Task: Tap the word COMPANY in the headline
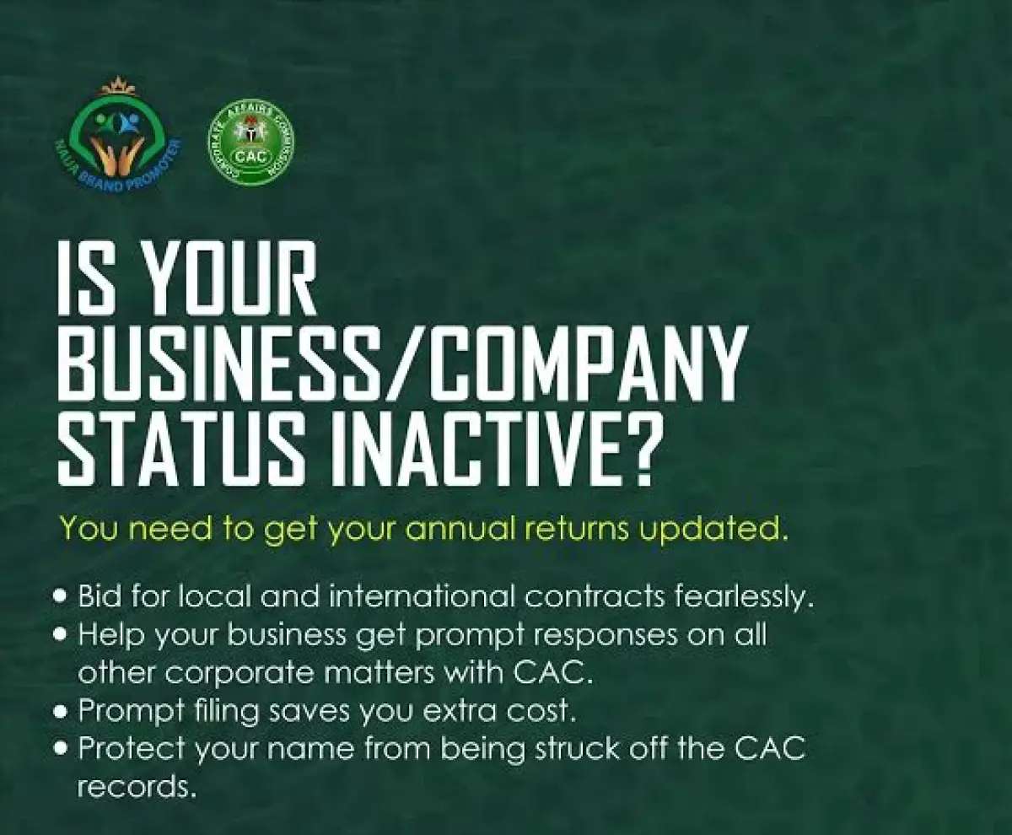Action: [x=590, y=364]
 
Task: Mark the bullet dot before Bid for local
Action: [x=60, y=596]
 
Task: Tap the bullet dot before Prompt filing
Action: [x=60, y=710]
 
